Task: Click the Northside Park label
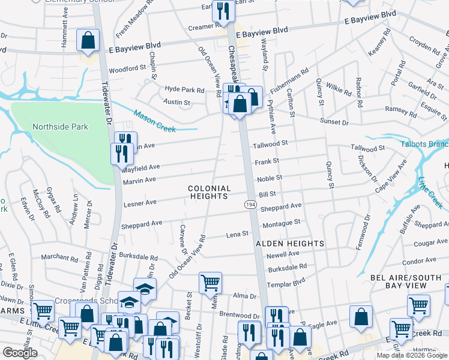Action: pyautogui.click(x=60, y=127)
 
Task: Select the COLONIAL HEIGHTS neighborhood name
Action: pyautogui.click(x=209, y=192)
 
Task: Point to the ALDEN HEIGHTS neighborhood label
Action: pyautogui.click(x=290, y=244)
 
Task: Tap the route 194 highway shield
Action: pyautogui.click(x=250, y=205)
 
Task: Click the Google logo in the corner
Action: pyautogui.click(x=20, y=353)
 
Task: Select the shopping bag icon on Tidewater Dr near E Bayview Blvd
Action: pyautogui.click(x=88, y=41)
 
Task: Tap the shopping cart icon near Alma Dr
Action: pyautogui.click(x=210, y=283)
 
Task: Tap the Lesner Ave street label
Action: pyautogui.click(x=140, y=204)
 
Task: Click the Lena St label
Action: pyautogui.click(x=237, y=234)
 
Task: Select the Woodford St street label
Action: pyautogui.click(x=128, y=68)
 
